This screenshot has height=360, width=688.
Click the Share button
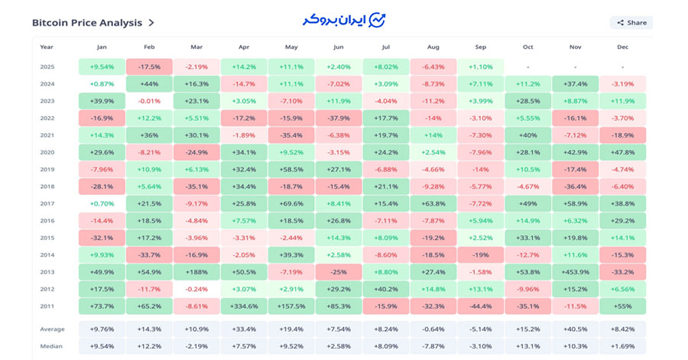(631, 23)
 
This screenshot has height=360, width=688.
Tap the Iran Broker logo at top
(344, 19)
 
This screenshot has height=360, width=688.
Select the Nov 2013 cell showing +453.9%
(576, 271)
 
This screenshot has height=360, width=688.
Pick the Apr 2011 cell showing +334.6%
(244, 306)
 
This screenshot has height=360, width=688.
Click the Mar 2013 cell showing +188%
(196, 271)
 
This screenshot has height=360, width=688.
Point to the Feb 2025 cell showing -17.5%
(149, 66)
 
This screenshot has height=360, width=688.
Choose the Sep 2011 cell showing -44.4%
(481, 306)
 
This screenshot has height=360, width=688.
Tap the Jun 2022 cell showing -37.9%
(339, 118)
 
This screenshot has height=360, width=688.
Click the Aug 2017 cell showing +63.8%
(433, 203)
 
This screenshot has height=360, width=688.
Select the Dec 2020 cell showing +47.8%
(623, 152)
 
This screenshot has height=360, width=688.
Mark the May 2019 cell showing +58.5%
(291, 169)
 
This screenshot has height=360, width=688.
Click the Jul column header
(386, 47)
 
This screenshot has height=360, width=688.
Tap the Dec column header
(623, 47)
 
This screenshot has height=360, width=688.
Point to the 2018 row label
(47, 186)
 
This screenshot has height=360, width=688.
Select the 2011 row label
(47, 306)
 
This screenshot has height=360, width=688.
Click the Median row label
(52, 346)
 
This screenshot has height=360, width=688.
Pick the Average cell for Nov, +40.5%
(576, 329)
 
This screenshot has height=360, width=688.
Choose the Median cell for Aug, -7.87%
(433, 346)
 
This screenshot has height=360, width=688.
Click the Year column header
(47, 47)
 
